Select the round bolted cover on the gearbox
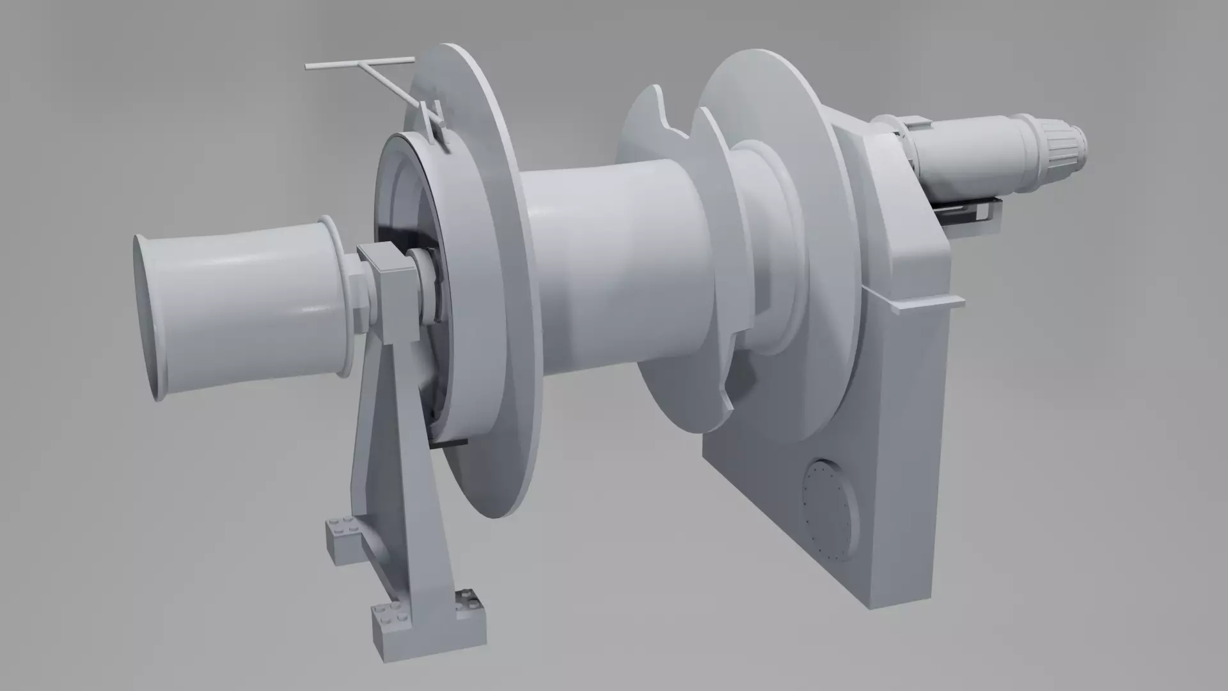click(830, 509)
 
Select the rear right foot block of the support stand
click(470, 611)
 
